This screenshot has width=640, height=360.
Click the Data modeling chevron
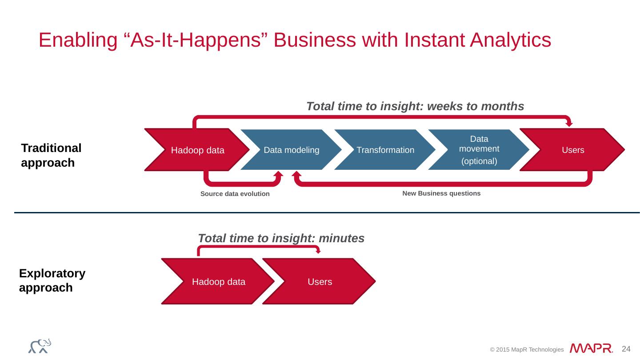point(291,150)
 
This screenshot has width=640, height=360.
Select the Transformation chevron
point(385,150)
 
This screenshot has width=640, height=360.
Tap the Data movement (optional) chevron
point(479,150)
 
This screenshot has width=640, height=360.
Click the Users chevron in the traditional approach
point(572,150)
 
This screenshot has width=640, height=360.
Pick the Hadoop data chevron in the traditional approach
point(198,150)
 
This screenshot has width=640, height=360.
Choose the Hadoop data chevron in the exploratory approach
point(218,282)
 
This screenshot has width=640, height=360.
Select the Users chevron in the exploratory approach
point(320,282)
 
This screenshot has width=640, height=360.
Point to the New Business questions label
point(441,194)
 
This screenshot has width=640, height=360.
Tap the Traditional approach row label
point(51,156)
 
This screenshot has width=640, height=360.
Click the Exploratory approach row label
point(52,280)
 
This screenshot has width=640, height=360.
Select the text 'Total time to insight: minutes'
point(281,239)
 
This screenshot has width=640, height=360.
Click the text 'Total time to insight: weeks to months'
point(415,106)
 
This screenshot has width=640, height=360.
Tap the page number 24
point(626,348)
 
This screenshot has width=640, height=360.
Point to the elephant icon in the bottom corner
point(40,346)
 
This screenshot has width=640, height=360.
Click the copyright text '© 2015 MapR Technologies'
point(527,350)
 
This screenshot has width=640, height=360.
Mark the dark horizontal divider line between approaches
point(327,213)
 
